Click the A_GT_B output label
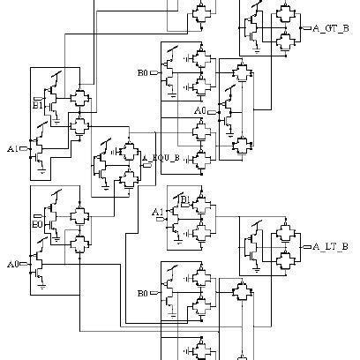coord(331,27)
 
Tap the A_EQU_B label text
coord(165,157)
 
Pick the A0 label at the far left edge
coord(12,264)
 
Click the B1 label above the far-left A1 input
coord(38,105)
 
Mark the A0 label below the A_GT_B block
coord(200,110)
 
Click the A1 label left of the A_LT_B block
coord(157,212)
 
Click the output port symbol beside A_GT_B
coord(307,27)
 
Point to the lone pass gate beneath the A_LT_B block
coord(241,292)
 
